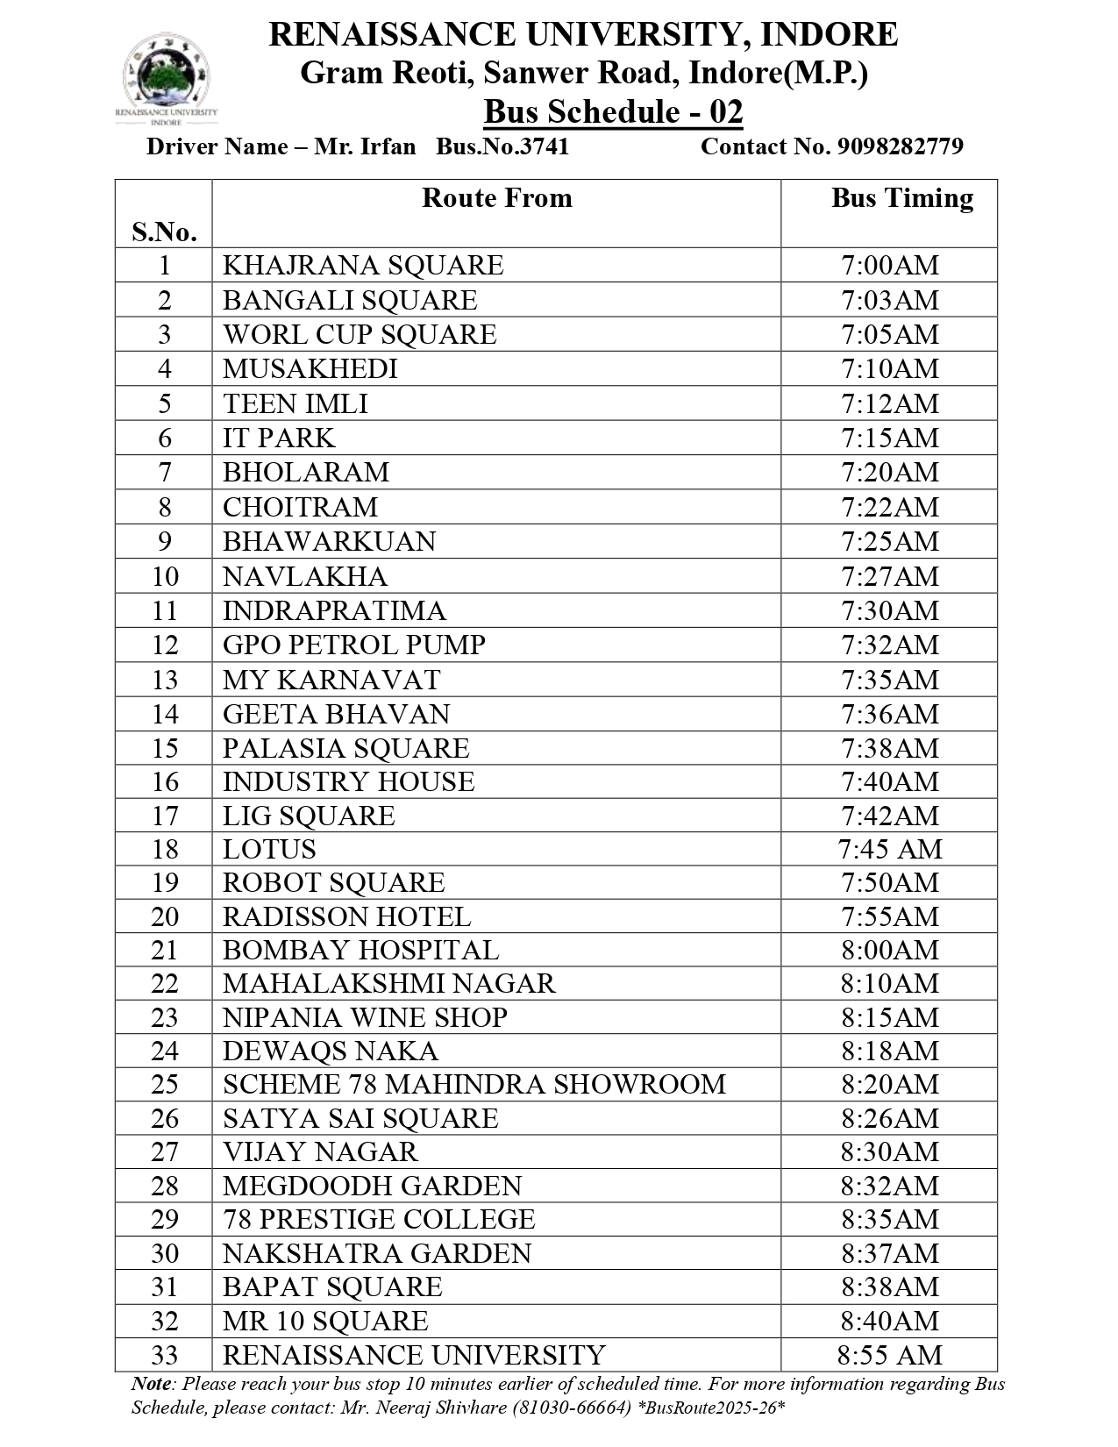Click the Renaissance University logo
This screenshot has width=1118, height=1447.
click(x=167, y=79)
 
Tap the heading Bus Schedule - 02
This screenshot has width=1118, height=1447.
click(x=613, y=112)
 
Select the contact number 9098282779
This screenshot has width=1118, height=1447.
click(x=900, y=146)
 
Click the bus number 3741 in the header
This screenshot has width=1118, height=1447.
click(x=502, y=146)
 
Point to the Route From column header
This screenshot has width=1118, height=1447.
click(x=496, y=198)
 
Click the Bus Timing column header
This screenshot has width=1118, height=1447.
click(x=901, y=198)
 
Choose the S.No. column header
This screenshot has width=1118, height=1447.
click(x=164, y=232)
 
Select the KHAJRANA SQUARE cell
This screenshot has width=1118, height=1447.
click(x=363, y=265)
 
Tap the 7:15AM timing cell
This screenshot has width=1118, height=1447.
click(x=889, y=438)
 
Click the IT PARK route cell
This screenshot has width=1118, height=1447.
click(x=279, y=438)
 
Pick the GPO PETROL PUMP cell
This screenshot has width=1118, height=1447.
click(x=353, y=645)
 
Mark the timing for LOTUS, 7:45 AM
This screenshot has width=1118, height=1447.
click(x=889, y=849)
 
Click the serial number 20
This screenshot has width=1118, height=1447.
click(x=164, y=916)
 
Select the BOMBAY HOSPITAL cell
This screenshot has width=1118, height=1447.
click(x=360, y=950)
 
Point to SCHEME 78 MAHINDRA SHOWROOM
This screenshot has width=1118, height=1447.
click(x=474, y=1084)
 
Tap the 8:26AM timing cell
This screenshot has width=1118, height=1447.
click(x=889, y=1118)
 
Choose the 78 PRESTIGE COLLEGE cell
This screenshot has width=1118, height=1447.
click(x=379, y=1219)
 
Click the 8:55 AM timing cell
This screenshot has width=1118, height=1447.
click(x=889, y=1355)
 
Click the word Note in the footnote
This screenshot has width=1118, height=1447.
click(x=151, y=1384)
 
